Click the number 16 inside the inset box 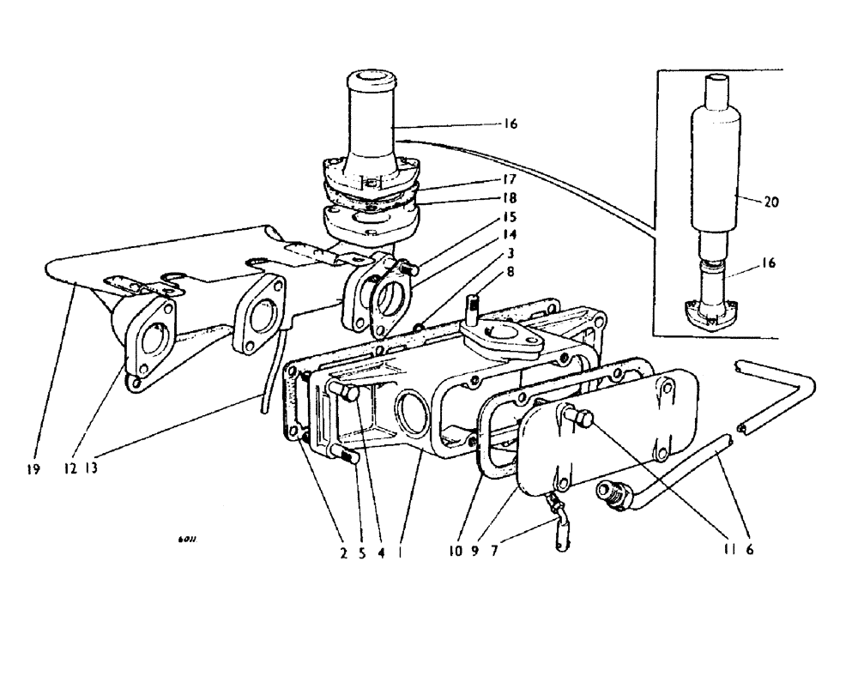768,264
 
